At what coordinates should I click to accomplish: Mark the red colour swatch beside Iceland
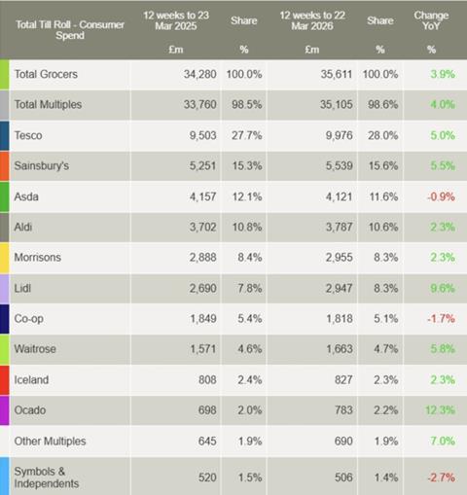point(5,380)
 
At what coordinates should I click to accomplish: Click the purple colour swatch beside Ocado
point(5,410)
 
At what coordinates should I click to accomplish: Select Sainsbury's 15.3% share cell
point(245,166)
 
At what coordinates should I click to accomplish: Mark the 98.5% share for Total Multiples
point(245,105)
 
